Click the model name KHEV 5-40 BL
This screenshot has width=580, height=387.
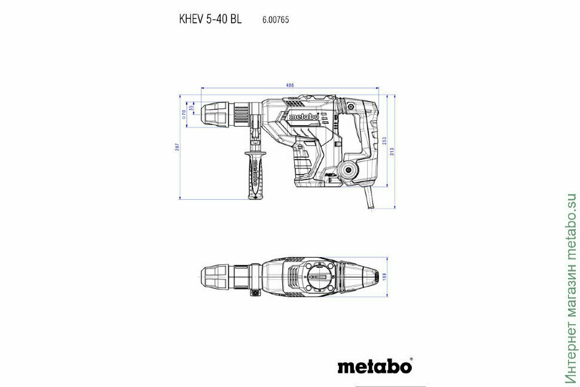210,19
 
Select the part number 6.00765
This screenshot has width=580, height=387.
275,20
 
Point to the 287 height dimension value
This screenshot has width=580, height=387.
178,147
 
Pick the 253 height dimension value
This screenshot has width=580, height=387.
384,140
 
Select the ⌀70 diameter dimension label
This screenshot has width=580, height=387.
184,114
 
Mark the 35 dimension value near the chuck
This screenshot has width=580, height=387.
191,108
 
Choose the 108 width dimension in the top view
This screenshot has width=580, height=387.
385,276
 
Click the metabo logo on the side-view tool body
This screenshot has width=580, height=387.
304,117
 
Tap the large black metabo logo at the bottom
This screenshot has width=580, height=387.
374,365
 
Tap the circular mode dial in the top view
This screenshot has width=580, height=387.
322,277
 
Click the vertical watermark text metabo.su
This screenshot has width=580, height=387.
570,287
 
